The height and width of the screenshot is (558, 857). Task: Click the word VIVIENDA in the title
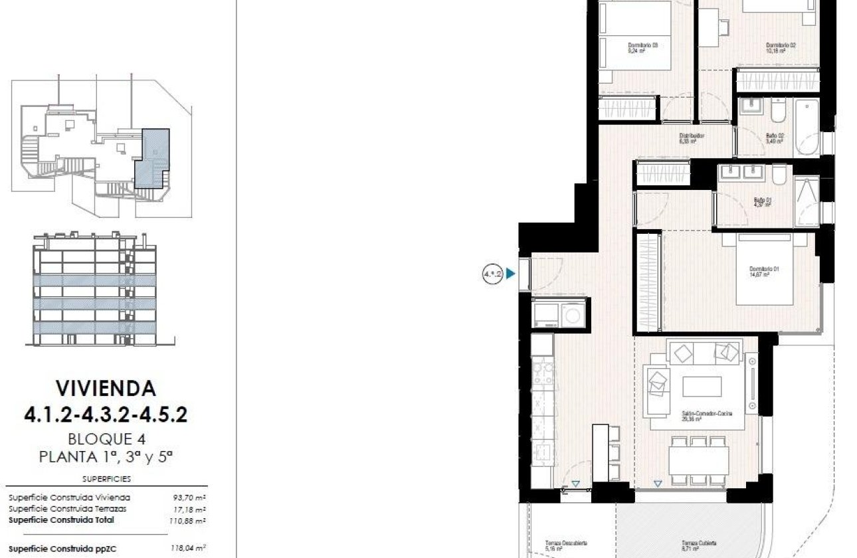click(x=106, y=387)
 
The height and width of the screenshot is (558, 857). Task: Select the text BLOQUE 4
click(x=106, y=438)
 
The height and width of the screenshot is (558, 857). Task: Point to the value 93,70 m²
click(x=189, y=497)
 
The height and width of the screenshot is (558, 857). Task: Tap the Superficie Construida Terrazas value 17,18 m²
click(x=189, y=508)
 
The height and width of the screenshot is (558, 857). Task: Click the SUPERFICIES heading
click(x=106, y=478)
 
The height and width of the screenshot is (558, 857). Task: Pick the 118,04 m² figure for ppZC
click(x=189, y=549)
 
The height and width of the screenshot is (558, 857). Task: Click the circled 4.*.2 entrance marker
click(x=492, y=273)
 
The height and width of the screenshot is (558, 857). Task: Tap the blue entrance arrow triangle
click(x=510, y=273)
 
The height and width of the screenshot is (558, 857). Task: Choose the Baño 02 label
click(x=775, y=138)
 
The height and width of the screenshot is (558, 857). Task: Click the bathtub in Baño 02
click(x=805, y=126)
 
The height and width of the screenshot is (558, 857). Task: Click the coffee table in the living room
click(x=702, y=386)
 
